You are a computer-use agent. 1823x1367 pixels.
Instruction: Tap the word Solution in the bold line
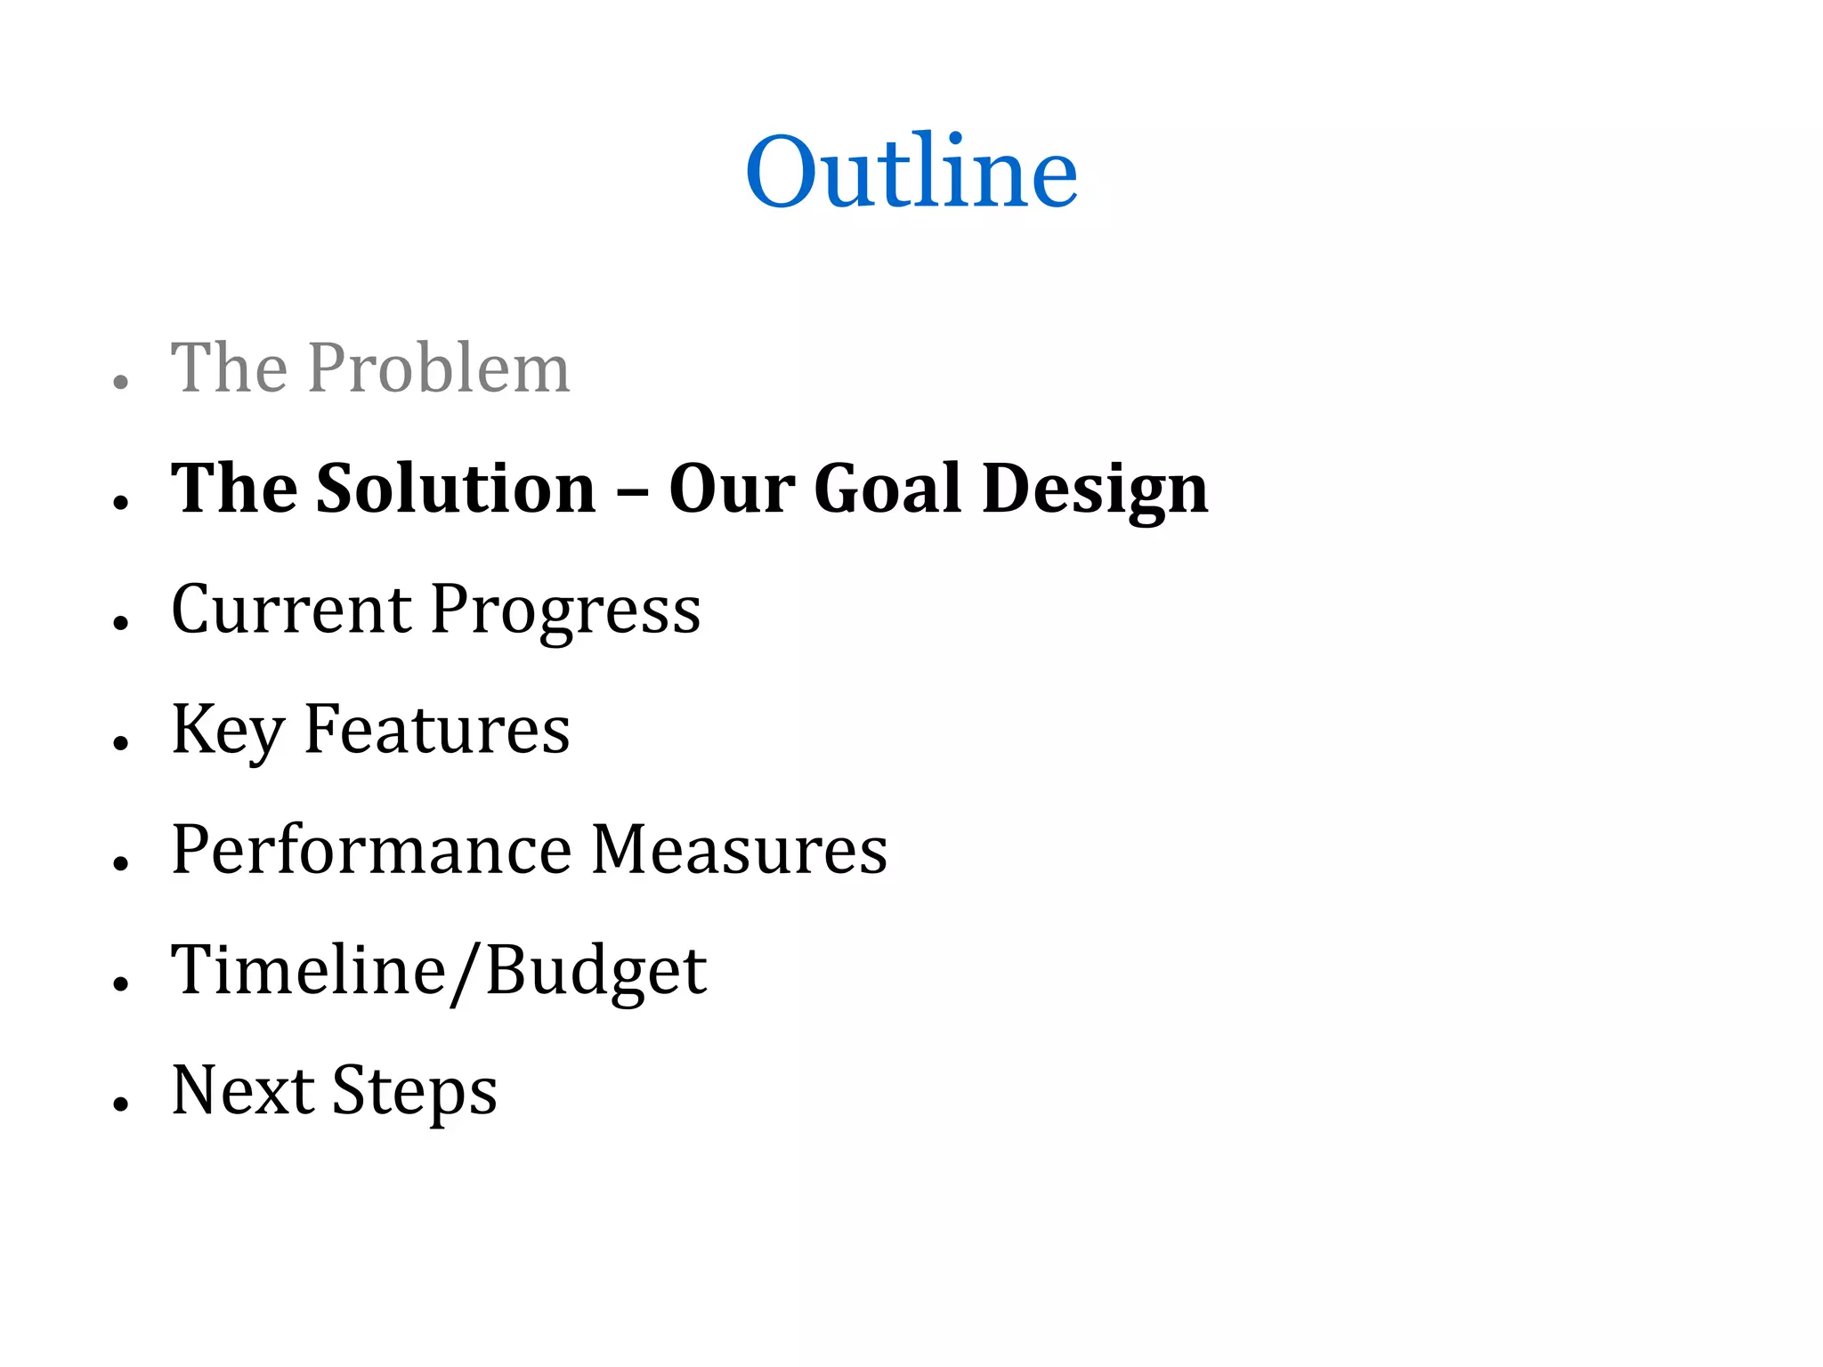[456, 489]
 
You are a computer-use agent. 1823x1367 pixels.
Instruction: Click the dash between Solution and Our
[632, 491]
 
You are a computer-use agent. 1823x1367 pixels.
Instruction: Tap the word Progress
[566, 612]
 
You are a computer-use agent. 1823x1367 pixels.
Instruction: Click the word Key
[227, 731]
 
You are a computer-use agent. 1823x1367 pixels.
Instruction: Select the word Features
[437, 729]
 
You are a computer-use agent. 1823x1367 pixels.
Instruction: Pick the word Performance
[371, 850]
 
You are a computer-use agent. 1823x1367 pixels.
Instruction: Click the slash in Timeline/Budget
[466, 972]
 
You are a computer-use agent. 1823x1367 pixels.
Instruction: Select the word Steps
[415, 1093]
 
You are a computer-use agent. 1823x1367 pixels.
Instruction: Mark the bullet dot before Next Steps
[122, 1104]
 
